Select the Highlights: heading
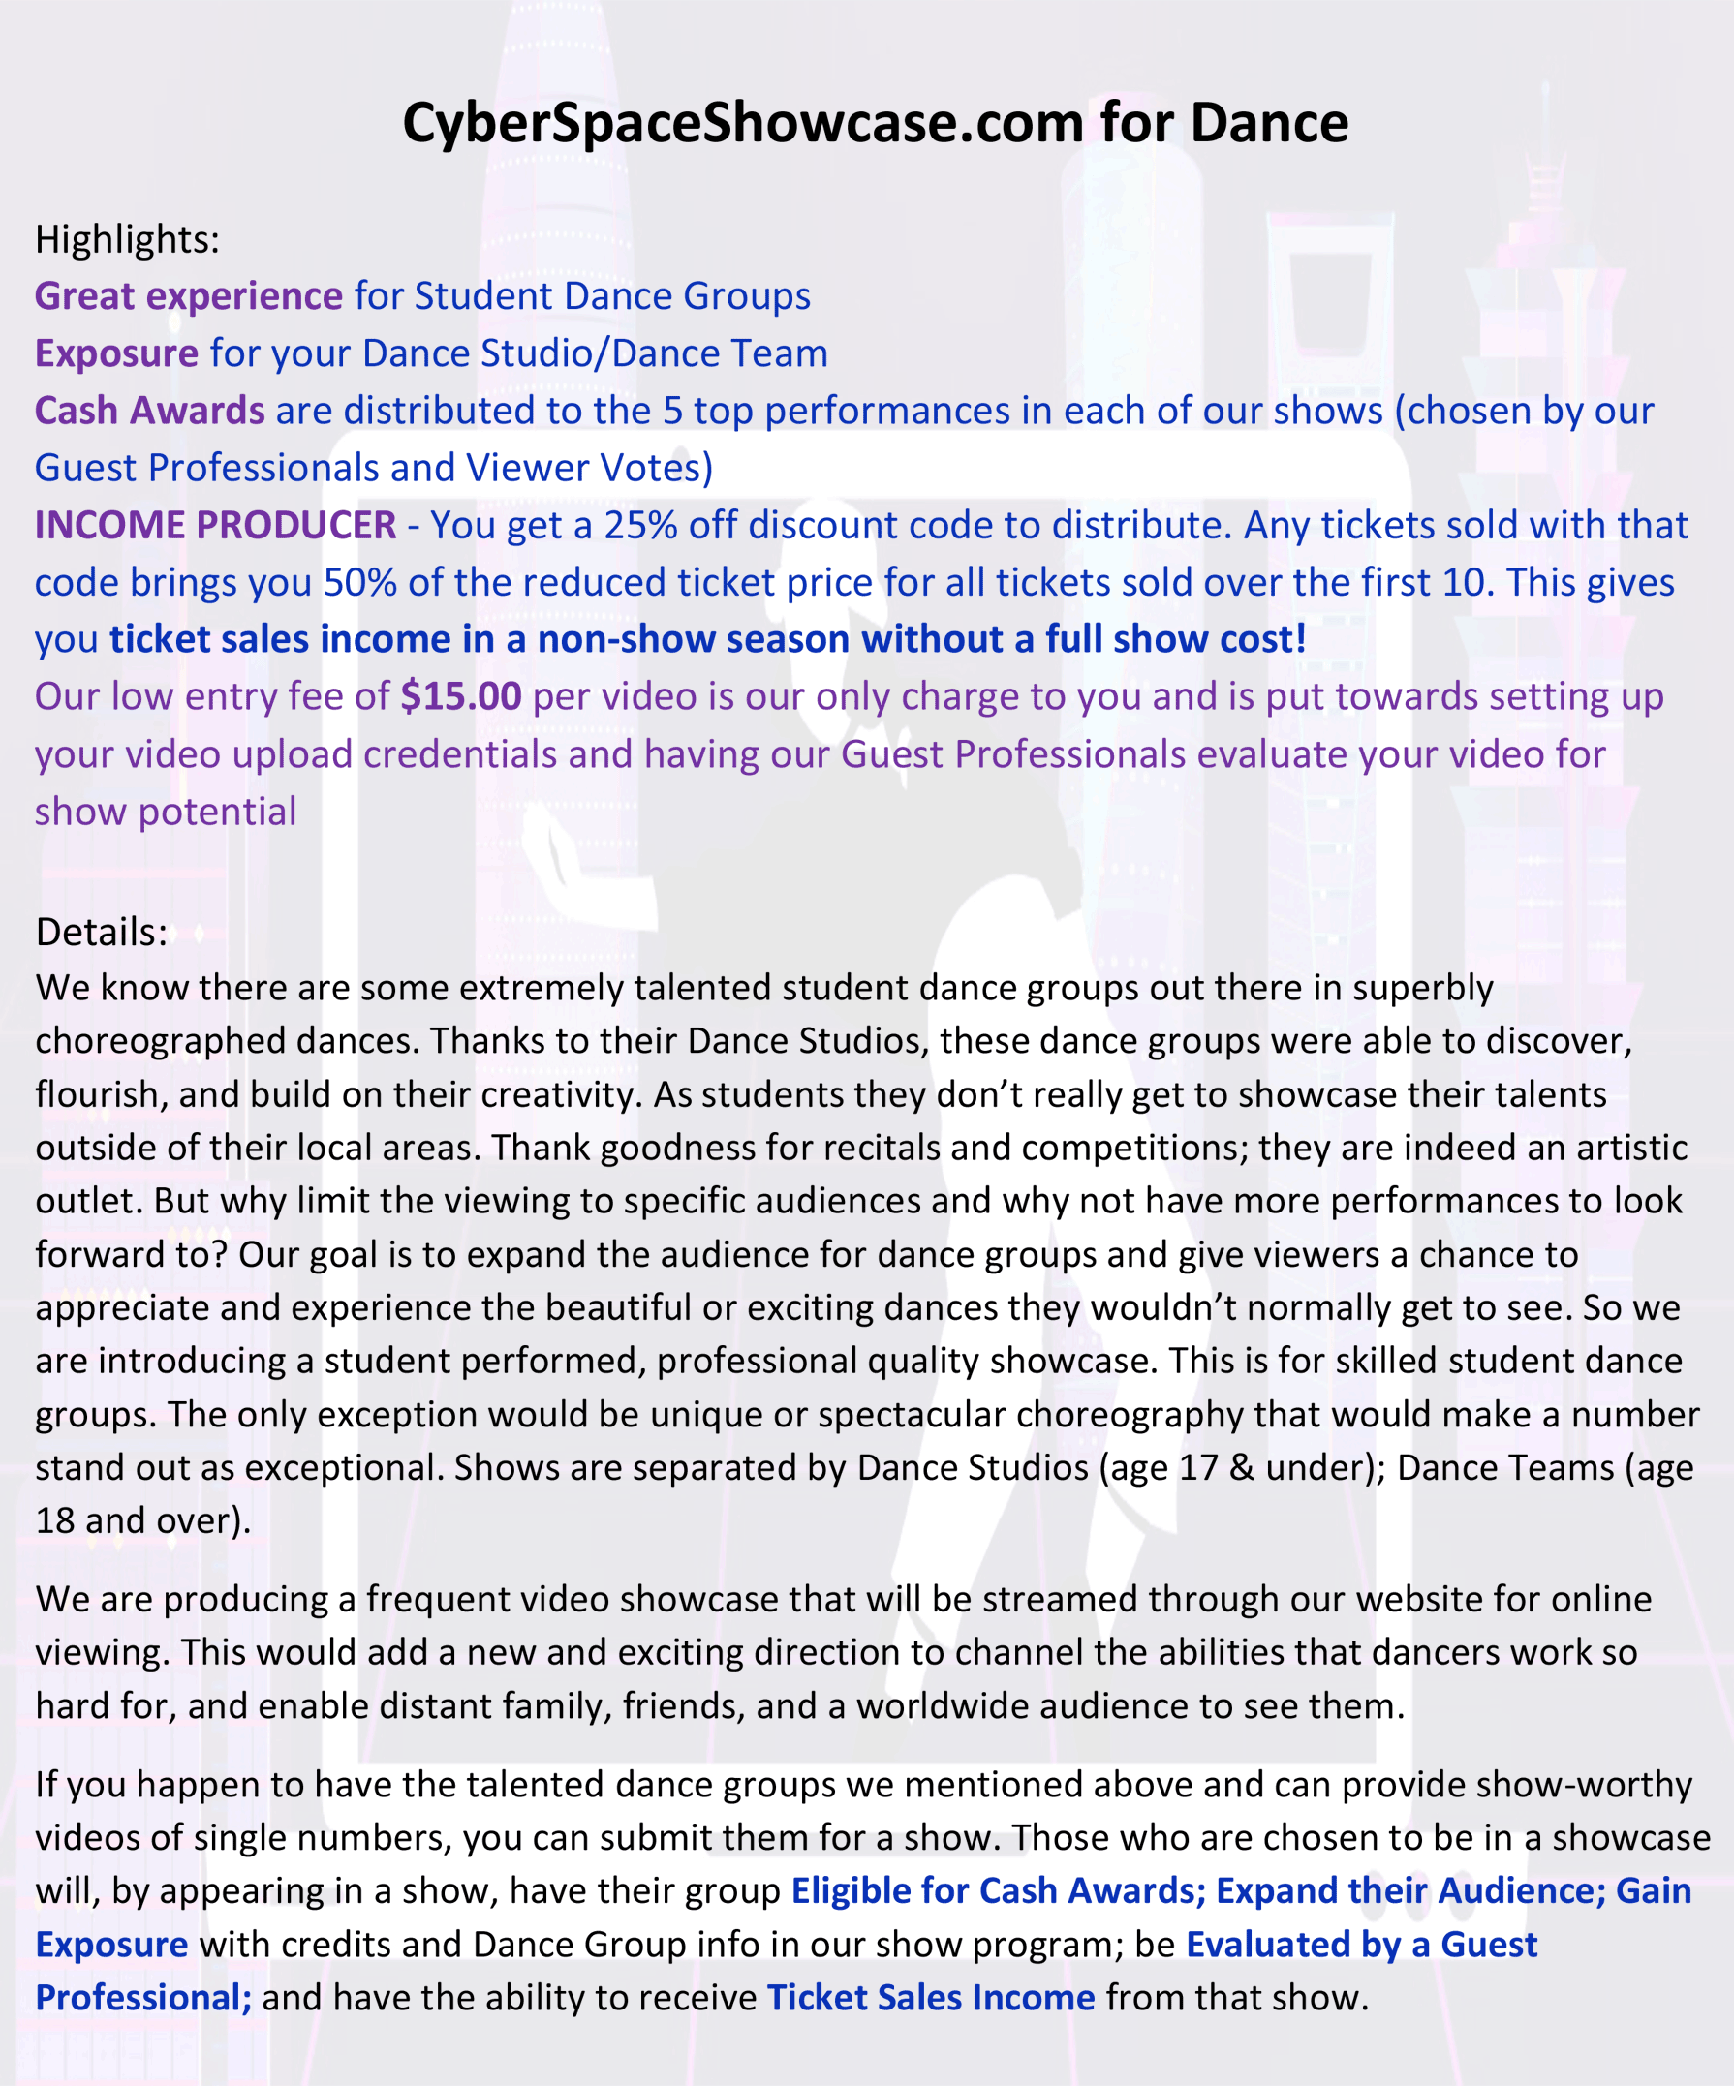pos(127,239)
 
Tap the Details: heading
pos(102,932)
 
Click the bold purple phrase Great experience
pos(189,296)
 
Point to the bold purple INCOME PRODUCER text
pos(216,526)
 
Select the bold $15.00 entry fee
pos(461,696)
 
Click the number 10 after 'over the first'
pos(1463,583)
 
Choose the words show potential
pos(166,812)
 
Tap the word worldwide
pos(922,1705)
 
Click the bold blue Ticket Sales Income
pos(930,1997)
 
